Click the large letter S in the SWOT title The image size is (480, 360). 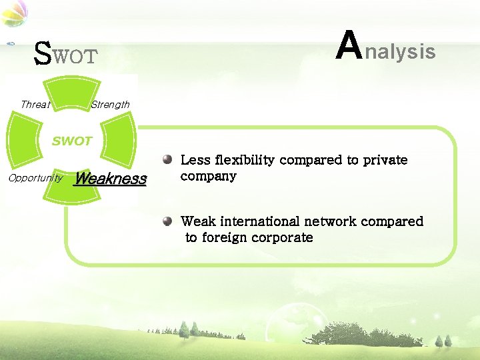click(42, 54)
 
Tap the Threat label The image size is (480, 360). click(35, 104)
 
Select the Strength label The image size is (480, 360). click(110, 104)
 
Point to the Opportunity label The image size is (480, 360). click(35, 177)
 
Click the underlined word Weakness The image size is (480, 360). click(110, 179)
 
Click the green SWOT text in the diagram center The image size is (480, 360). click(72, 141)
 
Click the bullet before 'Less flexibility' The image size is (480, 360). click(168, 160)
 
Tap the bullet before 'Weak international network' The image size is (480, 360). click(168, 221)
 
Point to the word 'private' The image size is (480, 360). click(385, 160)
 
